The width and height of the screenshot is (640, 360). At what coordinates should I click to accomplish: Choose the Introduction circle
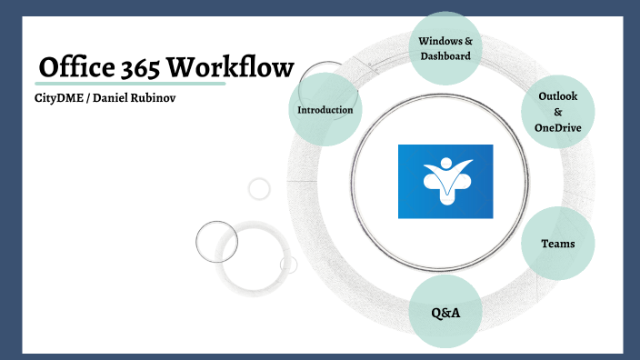point(325,110)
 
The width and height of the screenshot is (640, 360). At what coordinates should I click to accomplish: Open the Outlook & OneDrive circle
point(557,112)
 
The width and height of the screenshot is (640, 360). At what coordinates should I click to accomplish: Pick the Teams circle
point(556,244)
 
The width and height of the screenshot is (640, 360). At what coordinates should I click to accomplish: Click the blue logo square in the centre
point(445,181)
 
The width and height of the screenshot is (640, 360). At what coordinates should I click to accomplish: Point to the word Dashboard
point(445,56)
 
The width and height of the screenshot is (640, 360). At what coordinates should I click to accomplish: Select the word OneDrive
point(558,128)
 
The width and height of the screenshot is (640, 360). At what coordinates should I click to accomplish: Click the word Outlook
point(558,95)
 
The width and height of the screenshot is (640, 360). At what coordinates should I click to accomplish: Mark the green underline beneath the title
point(127,84)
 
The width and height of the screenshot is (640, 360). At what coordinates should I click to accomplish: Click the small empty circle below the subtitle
point(260,189)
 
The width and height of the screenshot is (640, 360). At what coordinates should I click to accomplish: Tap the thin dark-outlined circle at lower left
point(216,241)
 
